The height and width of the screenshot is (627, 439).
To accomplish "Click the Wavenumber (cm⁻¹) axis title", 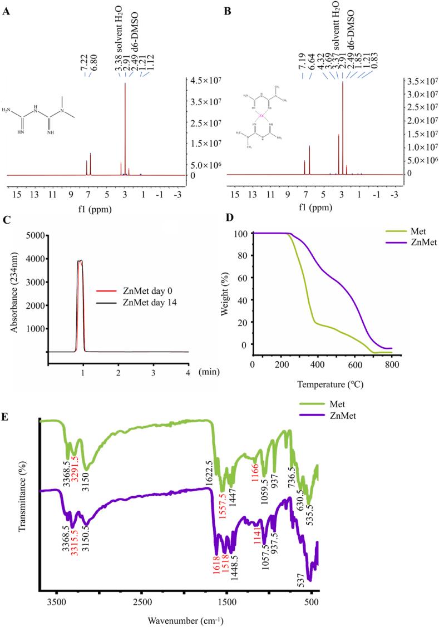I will (x=177, y=619).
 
